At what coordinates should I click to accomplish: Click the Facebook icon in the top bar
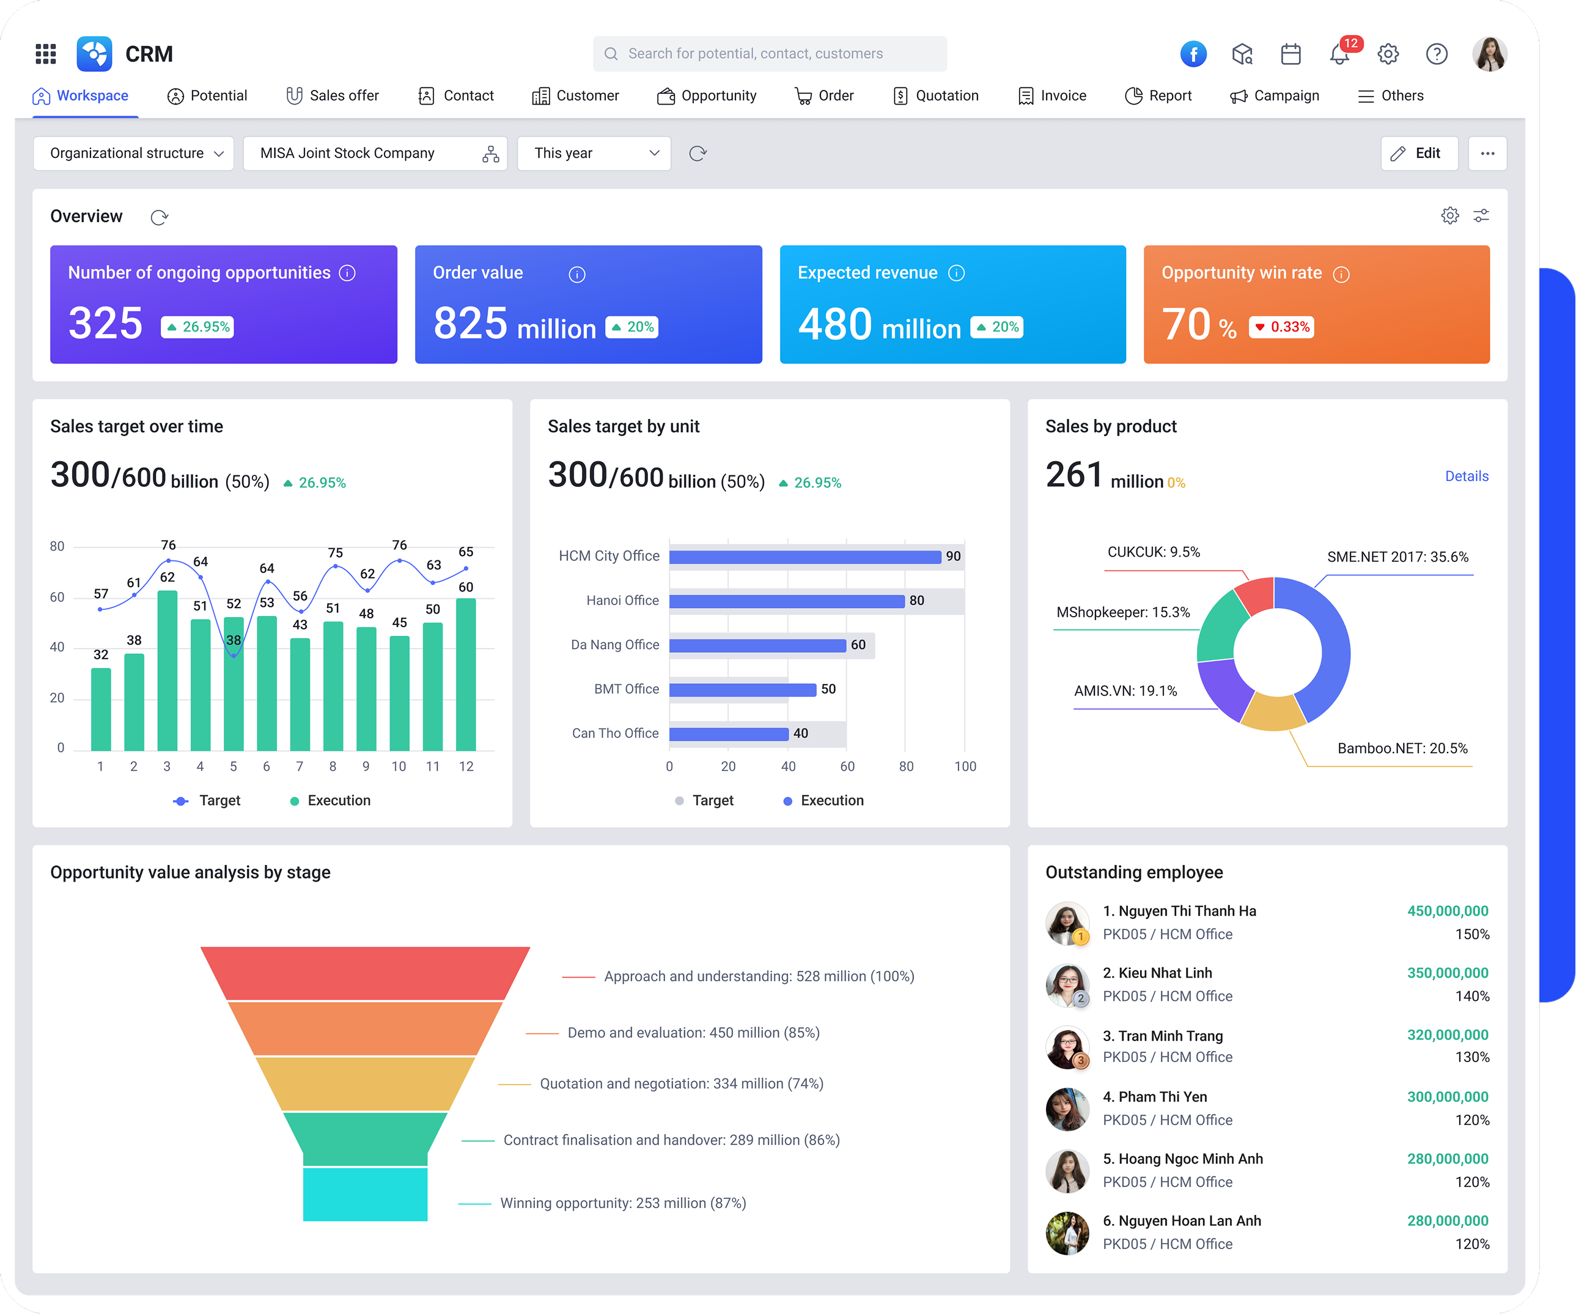tap(1193, 54)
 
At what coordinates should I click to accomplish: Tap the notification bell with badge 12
tap(1339, 54)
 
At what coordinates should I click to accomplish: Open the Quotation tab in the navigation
tap(936, 95)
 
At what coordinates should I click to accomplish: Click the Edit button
tap(1418, 153)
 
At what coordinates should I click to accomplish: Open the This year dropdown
tap(594, 153)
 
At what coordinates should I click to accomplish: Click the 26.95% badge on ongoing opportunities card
tap(197, 327)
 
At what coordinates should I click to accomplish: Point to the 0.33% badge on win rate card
tap(1281, 327)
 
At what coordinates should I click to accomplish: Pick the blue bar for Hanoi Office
tap(787, 601)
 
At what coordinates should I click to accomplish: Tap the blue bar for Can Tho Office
tap(728, 733)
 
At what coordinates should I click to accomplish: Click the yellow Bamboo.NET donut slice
tap(1273, 713)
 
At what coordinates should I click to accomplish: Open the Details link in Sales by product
tap(1467, 476)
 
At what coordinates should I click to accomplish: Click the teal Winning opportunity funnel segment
tap(365, 1194)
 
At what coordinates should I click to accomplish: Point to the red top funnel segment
tap(365, 973)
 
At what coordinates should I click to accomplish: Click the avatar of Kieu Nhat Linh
tap(1066, 984)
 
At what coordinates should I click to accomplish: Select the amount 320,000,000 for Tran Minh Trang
tap(1447, 1034)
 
